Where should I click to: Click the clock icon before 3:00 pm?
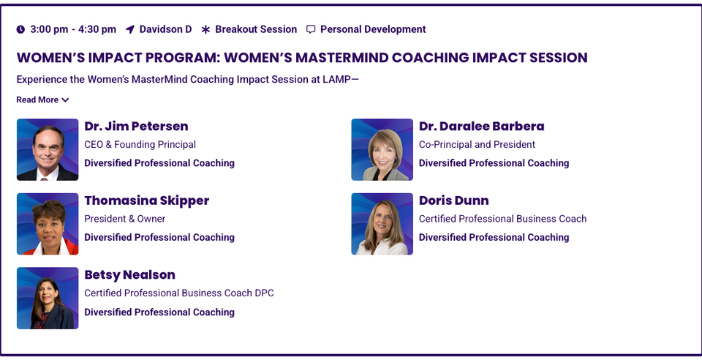coord(20,29)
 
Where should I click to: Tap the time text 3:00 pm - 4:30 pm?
coord(73,29)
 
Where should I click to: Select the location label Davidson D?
coord(165,29)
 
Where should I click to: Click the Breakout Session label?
coord(256,29)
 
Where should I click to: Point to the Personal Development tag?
coord(373,29)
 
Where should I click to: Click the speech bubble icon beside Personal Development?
coord(311,29)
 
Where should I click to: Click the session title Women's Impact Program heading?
coord(301,58)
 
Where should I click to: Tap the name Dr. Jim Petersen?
coord(136,126)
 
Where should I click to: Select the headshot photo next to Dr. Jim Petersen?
coord(48,150)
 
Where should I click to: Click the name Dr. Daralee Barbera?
coord(481,126)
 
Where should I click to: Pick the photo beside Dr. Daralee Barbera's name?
coord(382,150)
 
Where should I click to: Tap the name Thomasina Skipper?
coord(146,200)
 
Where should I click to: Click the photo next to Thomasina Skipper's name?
coord(48,224)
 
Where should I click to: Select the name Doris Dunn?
coord(453,200)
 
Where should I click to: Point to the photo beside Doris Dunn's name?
coord(382,224)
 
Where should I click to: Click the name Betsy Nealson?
coord(129,275)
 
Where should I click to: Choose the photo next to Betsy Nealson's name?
coord(48,298)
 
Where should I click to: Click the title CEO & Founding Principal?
coord(140,145)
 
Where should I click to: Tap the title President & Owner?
coord(124,219)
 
